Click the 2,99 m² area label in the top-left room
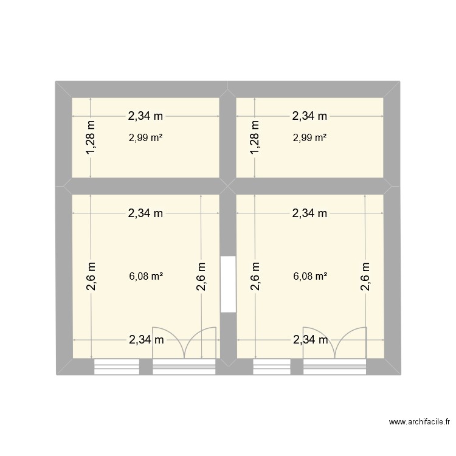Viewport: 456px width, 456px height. point(146,137)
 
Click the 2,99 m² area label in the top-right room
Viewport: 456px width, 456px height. point(310,137)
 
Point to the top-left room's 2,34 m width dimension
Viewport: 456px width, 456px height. point(146,115)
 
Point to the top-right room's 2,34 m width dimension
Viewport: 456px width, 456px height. point(310,115)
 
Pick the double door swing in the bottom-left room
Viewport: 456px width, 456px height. point(184,343)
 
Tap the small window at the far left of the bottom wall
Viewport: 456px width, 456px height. point(117,366)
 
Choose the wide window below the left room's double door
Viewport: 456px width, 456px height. point(184,366)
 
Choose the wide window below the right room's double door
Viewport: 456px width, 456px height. point(335,366)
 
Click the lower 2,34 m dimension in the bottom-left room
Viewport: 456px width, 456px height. point(146,340)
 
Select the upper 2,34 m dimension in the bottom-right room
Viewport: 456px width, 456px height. point(310,213)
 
